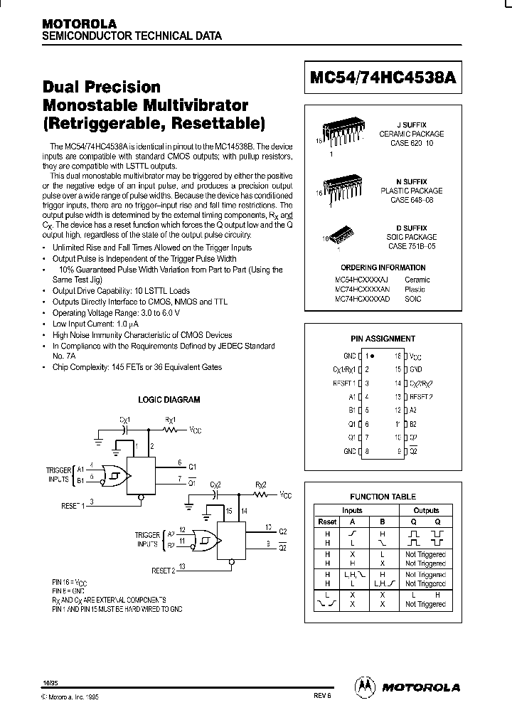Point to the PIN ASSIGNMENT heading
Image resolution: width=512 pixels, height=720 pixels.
pos(383,339)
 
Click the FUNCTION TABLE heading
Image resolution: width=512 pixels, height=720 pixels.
pos(383,497)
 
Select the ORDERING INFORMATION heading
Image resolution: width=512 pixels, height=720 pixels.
pos(383,268)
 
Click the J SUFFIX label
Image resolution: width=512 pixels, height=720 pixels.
pos(411,125)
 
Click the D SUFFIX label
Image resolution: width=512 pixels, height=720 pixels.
pos(411,228)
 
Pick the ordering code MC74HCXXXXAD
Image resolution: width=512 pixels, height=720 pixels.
pos(363,300)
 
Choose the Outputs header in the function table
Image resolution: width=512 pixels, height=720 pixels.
pos(426,510)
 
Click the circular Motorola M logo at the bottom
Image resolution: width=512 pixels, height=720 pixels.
pos(363,687)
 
